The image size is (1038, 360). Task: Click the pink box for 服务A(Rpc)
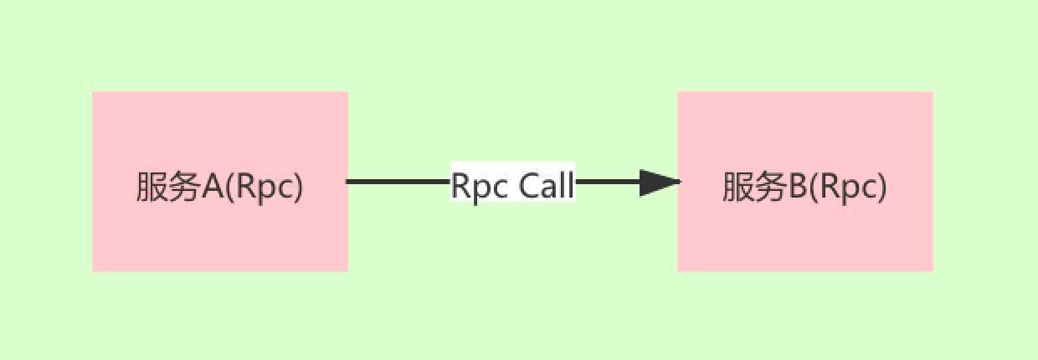(220, 181)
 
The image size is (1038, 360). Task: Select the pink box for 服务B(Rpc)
(805, 181)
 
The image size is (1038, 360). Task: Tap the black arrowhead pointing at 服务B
(660, 183)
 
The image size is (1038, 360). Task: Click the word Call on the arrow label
(547, 185)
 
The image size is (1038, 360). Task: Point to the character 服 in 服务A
(152, 186)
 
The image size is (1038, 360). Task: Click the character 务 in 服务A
(184, 186)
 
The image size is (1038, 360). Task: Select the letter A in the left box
(213, 186)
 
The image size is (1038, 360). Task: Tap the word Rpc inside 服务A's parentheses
(263, 188)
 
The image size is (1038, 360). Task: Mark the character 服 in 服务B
(738, 186)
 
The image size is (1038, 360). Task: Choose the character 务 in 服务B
(771, 186)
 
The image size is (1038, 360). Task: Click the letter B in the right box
(797, 186)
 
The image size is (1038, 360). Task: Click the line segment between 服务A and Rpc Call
(398, 182)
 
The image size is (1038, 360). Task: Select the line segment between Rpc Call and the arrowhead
(608, 182)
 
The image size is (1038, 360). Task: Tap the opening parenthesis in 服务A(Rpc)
(231, 187)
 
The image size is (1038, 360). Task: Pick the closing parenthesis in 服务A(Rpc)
(297, 187)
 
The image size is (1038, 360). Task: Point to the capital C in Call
(529, 186)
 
